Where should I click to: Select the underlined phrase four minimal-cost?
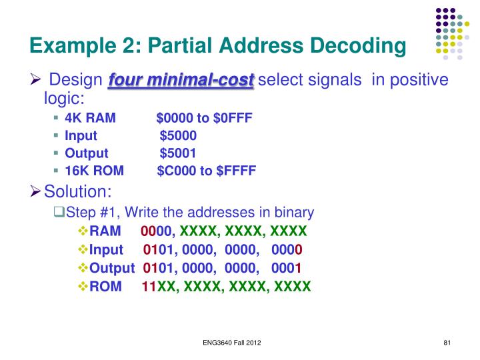181,81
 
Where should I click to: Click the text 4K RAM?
90,119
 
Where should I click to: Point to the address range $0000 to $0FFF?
205,119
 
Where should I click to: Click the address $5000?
178,136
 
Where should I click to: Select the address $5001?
178,153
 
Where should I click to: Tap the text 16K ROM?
94,171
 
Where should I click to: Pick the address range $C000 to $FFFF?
207,171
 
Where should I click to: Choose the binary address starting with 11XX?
226,287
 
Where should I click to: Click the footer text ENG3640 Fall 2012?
232,343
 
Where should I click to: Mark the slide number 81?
448,343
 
